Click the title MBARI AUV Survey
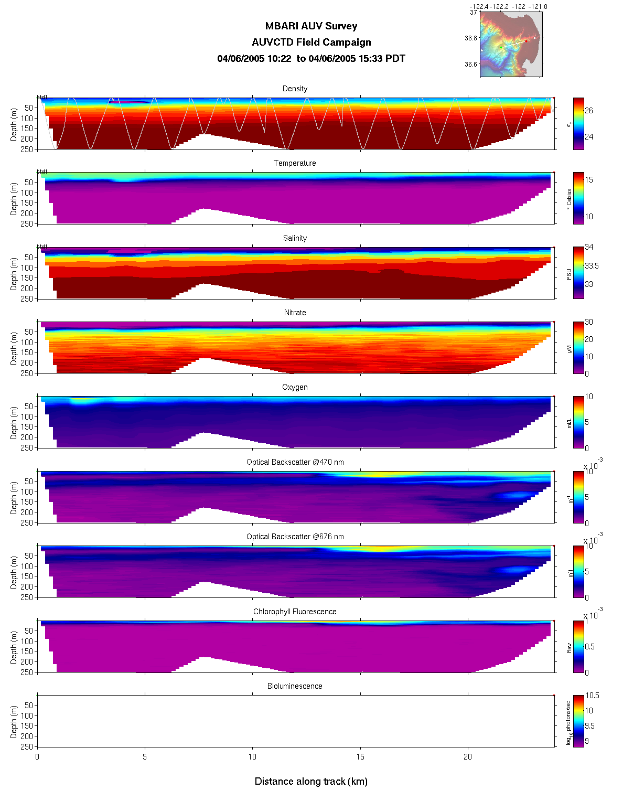311,26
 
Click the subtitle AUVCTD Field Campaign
311,42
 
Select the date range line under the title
311,59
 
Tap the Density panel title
295,89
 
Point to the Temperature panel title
295,163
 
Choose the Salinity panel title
295,238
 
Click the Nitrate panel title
295,313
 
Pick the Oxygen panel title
295,387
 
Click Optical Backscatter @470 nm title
295,462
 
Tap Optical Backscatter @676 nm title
295,537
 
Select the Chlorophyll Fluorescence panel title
295,612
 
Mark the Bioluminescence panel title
295,686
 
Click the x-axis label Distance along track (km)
311,782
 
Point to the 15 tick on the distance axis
360,757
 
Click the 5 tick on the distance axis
145,757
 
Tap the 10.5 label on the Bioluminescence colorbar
593,696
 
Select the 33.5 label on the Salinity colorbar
592,266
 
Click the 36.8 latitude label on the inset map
471,38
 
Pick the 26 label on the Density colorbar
589,111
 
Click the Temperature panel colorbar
578,198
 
